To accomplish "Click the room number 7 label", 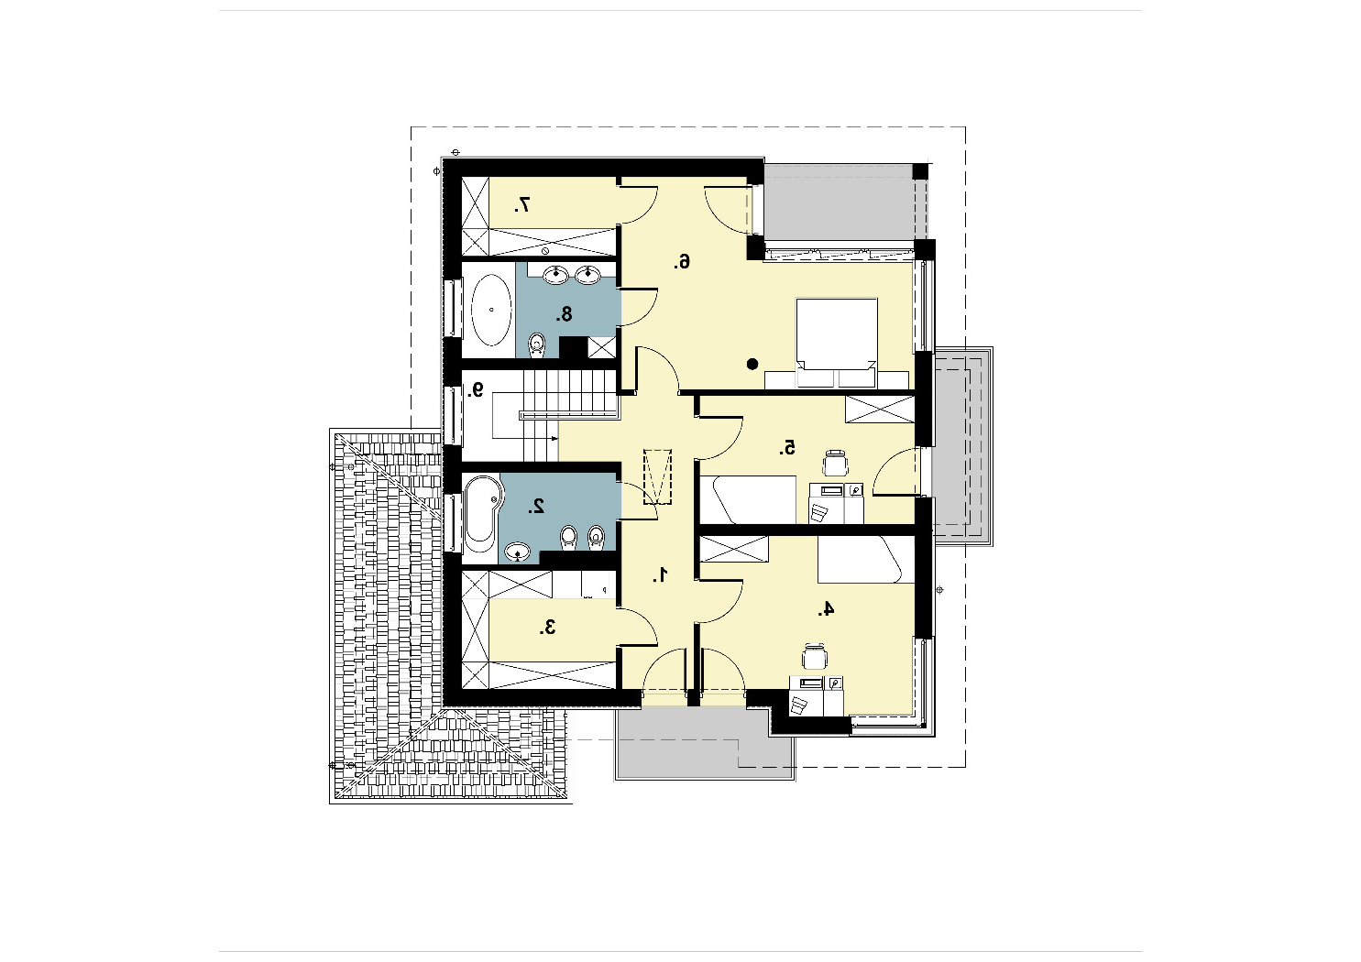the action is [522, 205].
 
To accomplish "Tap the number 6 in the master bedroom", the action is [682, 262].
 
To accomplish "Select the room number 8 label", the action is [565, 314].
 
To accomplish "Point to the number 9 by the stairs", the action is [476, 389].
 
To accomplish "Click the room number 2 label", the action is [536, 506].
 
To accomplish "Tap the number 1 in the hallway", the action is [661, 574].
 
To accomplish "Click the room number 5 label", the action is [787, 448].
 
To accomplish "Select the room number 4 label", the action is [825, 608].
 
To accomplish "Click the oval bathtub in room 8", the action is [491, 310].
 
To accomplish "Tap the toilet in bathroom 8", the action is [536, 345].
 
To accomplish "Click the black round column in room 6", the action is [752, 365].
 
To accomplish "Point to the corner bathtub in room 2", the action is [482, 514].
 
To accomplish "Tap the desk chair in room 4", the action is [814, 657].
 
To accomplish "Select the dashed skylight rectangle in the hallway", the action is [657, 476].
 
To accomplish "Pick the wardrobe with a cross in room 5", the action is [880, 409].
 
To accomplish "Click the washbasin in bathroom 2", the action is [518, 552].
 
